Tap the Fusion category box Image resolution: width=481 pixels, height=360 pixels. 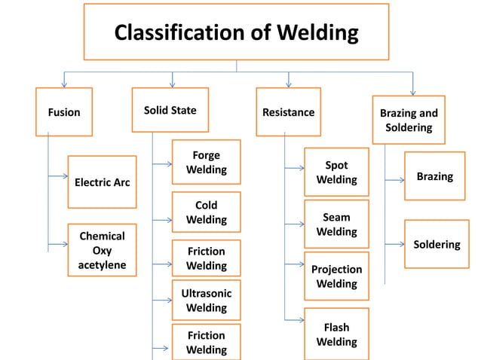(x=64, y=112)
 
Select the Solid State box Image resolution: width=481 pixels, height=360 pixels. (x=170, y=111)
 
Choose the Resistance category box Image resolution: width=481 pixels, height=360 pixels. (x=288, y=112)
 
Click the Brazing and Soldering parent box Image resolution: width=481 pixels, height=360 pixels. (x=409, y=120)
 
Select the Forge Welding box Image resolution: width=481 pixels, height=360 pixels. (x=206, y=162)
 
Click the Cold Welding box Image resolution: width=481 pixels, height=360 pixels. (x=206, y=212)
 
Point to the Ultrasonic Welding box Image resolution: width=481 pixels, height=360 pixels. (x=206, y=300)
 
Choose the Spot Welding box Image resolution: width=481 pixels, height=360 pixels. (x=336, y=172)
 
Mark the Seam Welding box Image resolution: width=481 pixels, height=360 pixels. (x=336, y=224)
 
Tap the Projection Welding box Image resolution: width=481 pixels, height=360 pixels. (x=336, y=276)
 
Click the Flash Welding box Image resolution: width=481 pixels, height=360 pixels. (x=336, y=334)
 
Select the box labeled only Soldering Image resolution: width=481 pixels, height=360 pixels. (x=435, y=244)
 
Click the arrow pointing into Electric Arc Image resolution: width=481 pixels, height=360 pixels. (x=58, y=176)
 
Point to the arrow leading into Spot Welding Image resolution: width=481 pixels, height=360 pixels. (x=294, y=172)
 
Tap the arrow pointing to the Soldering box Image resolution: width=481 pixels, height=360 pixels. (x=394, y=244)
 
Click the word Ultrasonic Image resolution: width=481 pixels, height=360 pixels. (x=206, y=293)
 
